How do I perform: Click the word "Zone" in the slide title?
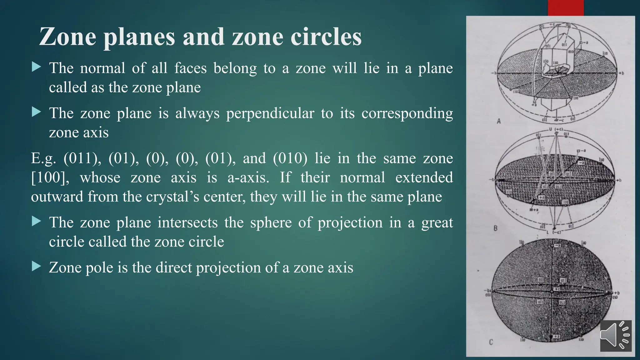point(67,37)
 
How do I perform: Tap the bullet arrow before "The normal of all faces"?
point(37,67)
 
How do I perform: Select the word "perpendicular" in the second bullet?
point(270,113)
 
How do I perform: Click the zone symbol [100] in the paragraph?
point(50,177)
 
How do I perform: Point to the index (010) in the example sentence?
point(290,158)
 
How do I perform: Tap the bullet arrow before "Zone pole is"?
point(37,266)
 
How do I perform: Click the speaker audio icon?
point(615,336)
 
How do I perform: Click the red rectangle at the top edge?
point(565,8)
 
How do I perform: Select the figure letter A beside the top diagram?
point(499,121)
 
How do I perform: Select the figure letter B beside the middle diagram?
point(495,228)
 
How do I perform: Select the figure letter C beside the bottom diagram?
point(491,342)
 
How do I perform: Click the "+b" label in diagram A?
point(621,73)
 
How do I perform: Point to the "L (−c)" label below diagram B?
point(554,232)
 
